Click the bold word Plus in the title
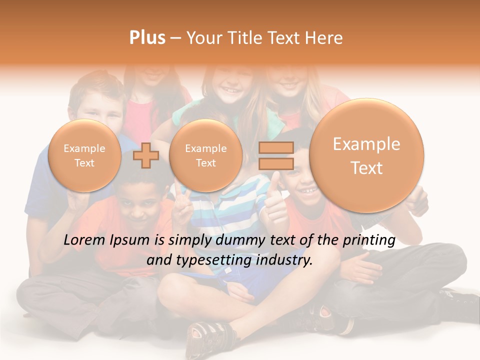[x=147, y=37]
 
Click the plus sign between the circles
[x=145, y=155]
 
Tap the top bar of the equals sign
[x=276, y=147]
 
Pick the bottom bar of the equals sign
[x=276, y=164]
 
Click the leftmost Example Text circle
[x=84, y=155]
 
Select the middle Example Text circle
[x=206, y=155]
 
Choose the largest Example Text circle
[x=366, y=155]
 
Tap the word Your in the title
[x=203, y=37]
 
